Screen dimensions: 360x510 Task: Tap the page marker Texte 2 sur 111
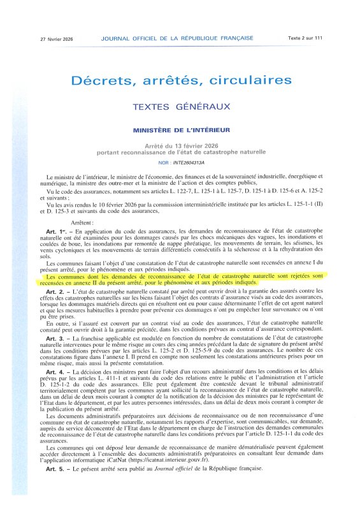(306, 39)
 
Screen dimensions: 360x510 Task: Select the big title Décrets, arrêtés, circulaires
(180, 81)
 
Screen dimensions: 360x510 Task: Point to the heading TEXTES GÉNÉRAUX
(180, 109)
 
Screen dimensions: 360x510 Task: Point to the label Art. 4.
(54, 388)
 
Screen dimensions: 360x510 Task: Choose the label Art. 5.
(54, 486)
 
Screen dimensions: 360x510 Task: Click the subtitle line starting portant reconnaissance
(180, 152)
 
